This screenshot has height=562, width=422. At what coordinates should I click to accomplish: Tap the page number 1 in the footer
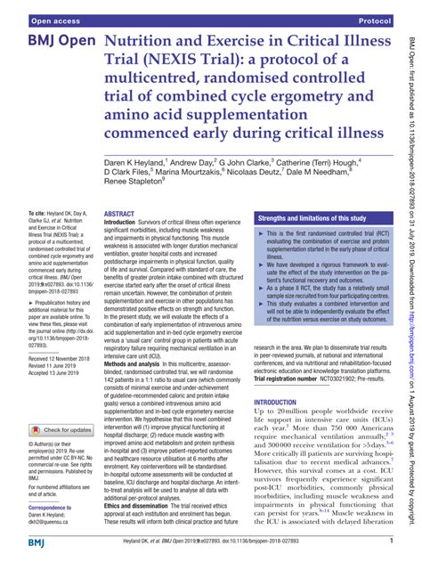click(x=391, y=541)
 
